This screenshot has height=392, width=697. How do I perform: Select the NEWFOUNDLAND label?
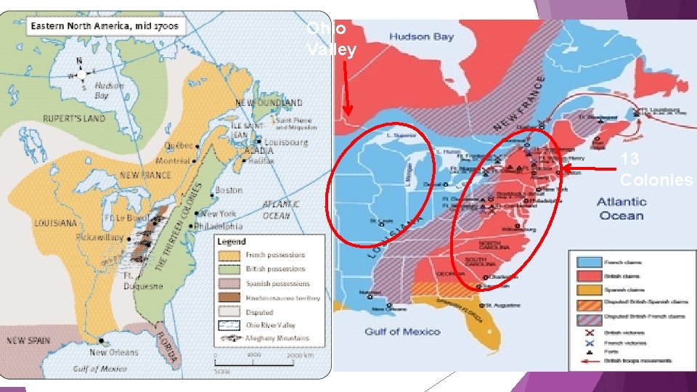point(269,103)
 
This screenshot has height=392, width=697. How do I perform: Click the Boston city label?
point(228,190)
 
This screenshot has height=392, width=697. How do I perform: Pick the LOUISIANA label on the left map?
point(54,223)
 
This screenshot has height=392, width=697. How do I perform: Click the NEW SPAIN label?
point(29,340)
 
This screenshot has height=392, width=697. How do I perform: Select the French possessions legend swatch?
point(229,256)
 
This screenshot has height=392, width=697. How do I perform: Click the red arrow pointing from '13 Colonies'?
point(588,169)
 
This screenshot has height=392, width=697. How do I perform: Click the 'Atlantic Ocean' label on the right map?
point(621,208)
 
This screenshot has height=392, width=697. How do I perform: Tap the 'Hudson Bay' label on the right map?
point(421,36)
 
